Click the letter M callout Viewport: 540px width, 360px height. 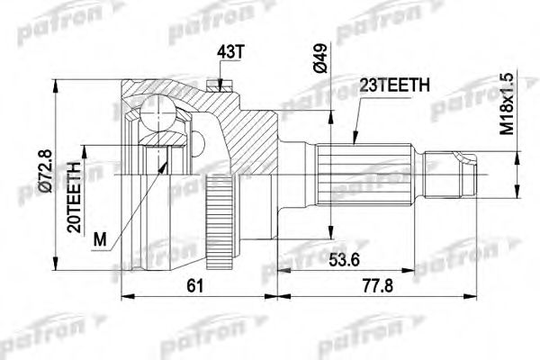pyautogui.click(x=98, y=238)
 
